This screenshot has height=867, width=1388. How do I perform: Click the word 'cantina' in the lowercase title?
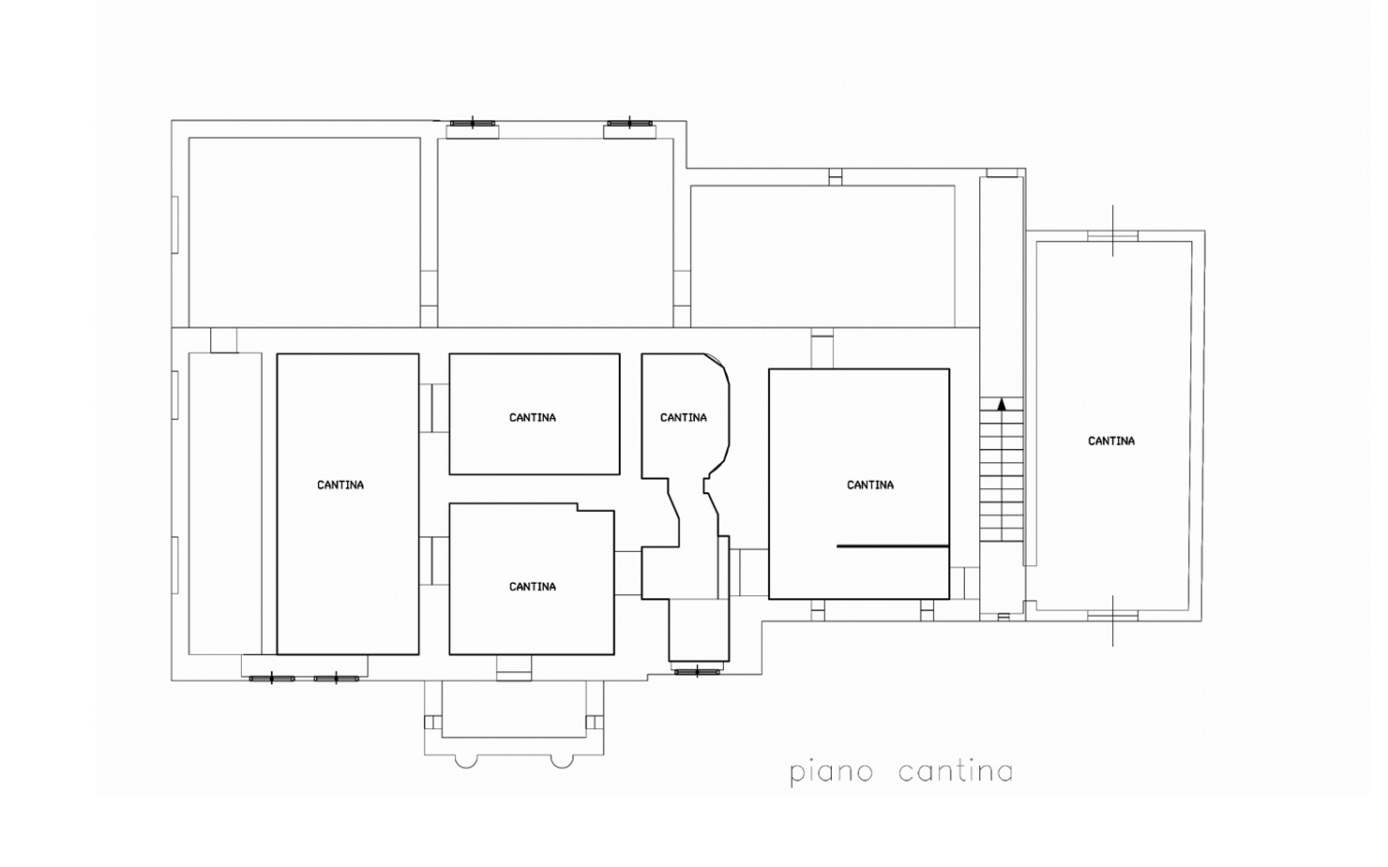(956, 771)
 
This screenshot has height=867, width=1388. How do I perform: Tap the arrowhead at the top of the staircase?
(1002, 404)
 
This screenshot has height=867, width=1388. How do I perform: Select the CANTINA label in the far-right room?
(1111, 441)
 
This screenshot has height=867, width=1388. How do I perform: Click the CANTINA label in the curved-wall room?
(683, 417)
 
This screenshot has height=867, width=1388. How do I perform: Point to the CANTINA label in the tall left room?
(340, 485)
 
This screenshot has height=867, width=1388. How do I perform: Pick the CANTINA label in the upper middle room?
(533, 417)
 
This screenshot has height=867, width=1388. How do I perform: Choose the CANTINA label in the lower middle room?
(533, 587)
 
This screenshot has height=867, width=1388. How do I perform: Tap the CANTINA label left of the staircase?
(870, 485)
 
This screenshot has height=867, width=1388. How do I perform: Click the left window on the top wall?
(473, 123)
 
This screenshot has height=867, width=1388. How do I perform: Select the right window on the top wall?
(629, 123)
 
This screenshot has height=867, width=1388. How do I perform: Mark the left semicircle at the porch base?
(466, 761)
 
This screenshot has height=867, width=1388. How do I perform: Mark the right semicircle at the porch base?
(562, 761)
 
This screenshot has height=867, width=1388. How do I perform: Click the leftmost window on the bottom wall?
(272, 679)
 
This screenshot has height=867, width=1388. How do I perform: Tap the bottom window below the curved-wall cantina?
(697, 671)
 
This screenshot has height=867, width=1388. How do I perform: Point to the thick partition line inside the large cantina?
(893, 546)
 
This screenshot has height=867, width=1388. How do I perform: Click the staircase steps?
(1002, 470)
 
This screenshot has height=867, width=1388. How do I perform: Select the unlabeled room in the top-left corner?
(304, 232)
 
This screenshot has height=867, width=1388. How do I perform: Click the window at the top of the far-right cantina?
(1113, 236)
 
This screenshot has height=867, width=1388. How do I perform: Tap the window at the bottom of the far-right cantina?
(1113, 616)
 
